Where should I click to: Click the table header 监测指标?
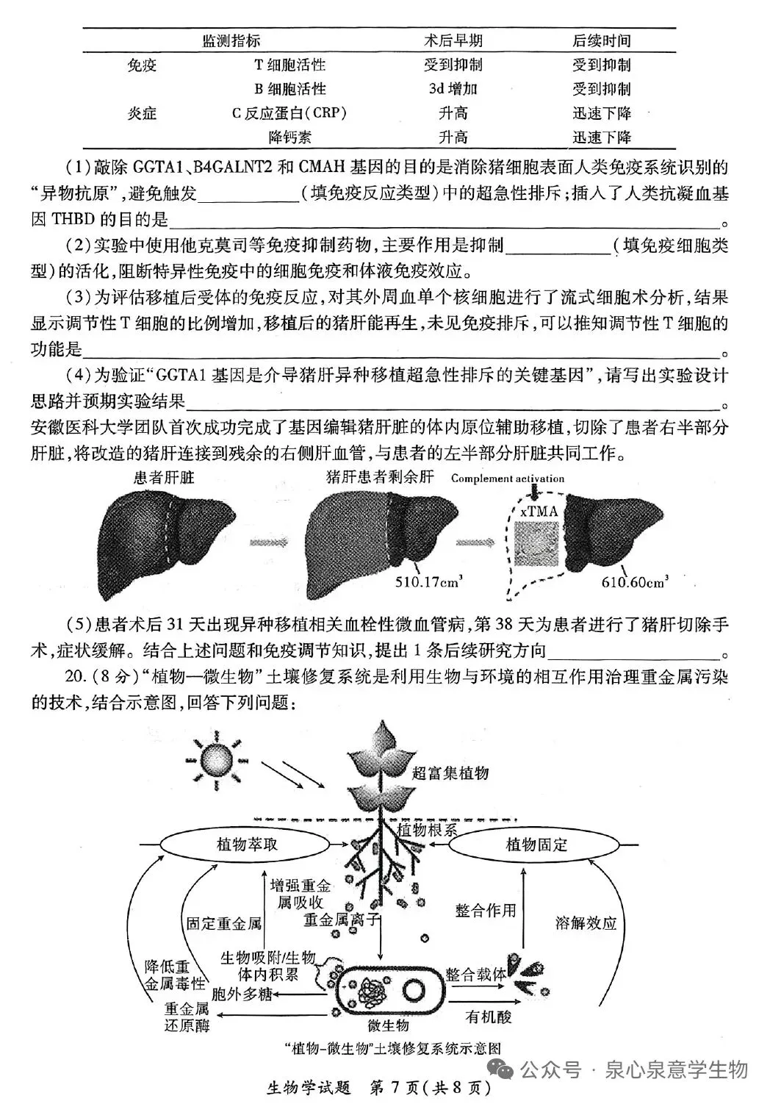pos(231,40)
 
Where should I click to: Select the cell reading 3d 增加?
pos(453,89)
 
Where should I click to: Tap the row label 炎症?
pos(142,113)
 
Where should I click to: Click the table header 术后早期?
pos(453,40)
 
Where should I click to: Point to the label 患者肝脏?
pos(163,478)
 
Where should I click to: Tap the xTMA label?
pos(539,512)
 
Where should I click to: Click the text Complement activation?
pos(508,478)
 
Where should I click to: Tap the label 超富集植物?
pos(450,773)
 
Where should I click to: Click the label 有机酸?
pos(489,1017)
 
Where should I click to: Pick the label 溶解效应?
pos(586,924)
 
